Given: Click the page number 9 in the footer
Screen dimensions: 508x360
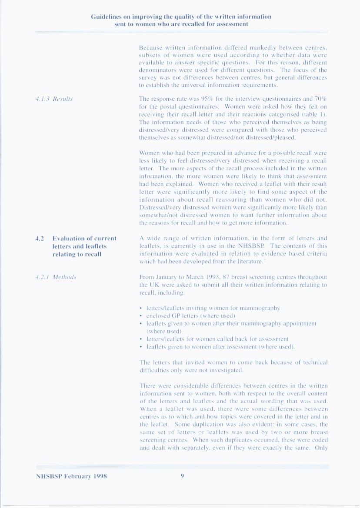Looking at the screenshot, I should point(182,476).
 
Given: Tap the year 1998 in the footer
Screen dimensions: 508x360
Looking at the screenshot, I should point(100,476).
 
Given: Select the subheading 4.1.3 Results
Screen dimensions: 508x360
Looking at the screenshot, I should point(54,99).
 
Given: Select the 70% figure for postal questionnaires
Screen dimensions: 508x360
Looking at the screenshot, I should point(320,99).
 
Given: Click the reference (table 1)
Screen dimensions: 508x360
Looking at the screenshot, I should point(313,114).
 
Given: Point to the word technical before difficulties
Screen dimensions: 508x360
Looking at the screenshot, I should point(314,362).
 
